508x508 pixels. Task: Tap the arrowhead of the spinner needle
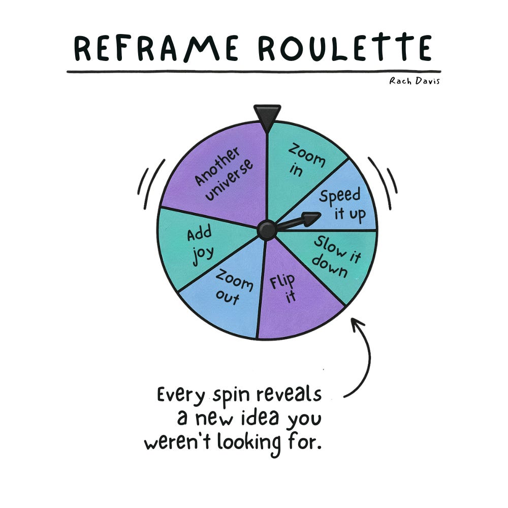coord(311,219)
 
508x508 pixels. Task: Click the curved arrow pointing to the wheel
coord(364,356)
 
